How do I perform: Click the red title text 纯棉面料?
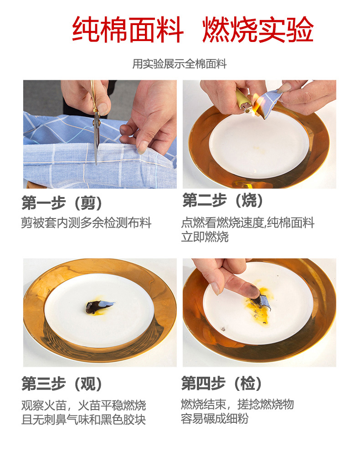pyautogui.click(x=128, y=30)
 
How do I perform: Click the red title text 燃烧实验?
pyautogui.click(x=258, y=30)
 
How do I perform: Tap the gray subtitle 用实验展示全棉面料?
pyautogui.click(x=180, y=64)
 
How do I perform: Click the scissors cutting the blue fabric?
pyautogui.click(x=95, y=122)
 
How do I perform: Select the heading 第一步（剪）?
pyautogui.click(x=62, y=203)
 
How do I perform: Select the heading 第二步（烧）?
pyautogui.click(x=223, y=200)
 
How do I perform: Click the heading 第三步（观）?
pyautogui.click(x=62, y=384)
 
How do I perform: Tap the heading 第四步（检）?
pyautogui.click(x=221, y=383)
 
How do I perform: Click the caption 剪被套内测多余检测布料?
pyautogui.click(x=86, y=223)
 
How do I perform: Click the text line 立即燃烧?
pyautogui.click(x=205, y=237)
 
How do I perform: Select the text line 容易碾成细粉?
pyautogui.click(x=214, y=419)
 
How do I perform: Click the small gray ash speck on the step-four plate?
pyautogui.click(x=224, y=329)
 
